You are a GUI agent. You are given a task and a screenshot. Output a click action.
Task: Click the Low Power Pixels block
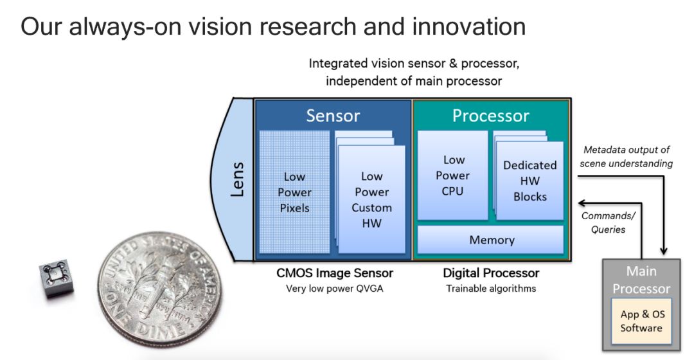pos(294,192)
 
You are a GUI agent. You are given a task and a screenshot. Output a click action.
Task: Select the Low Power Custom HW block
pos(371,200)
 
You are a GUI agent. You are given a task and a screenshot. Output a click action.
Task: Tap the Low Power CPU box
pos(452,175)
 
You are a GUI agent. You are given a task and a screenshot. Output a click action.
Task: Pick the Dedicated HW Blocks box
pos(529,181)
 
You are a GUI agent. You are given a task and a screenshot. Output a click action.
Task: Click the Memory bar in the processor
pos(492,240)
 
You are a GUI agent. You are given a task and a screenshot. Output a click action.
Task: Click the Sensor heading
pos(333,116)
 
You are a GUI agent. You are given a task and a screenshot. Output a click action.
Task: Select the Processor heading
pos(491,116)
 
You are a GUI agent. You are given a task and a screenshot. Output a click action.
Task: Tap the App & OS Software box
pos(641,321)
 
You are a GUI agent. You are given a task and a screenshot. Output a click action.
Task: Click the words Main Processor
pos(641,280)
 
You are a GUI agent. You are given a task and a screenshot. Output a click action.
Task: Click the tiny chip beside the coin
pos(56,279)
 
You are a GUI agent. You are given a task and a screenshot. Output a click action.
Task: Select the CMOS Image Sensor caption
pos(334,273)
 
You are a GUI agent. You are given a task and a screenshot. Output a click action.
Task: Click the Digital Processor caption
pos(492,273)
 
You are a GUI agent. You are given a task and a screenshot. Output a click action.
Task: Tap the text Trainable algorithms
pos(491,288)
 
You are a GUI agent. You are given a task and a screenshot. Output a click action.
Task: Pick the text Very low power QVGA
pos(334,288)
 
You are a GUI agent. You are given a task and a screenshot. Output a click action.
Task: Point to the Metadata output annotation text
pos(626,156)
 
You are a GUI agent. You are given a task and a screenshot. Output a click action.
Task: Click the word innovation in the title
pos(472,26)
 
